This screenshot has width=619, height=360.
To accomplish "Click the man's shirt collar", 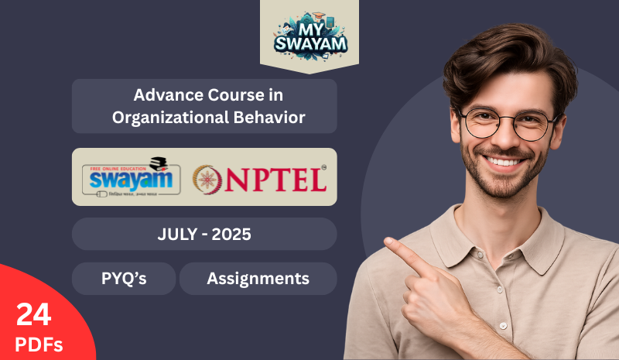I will click(464, 232).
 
